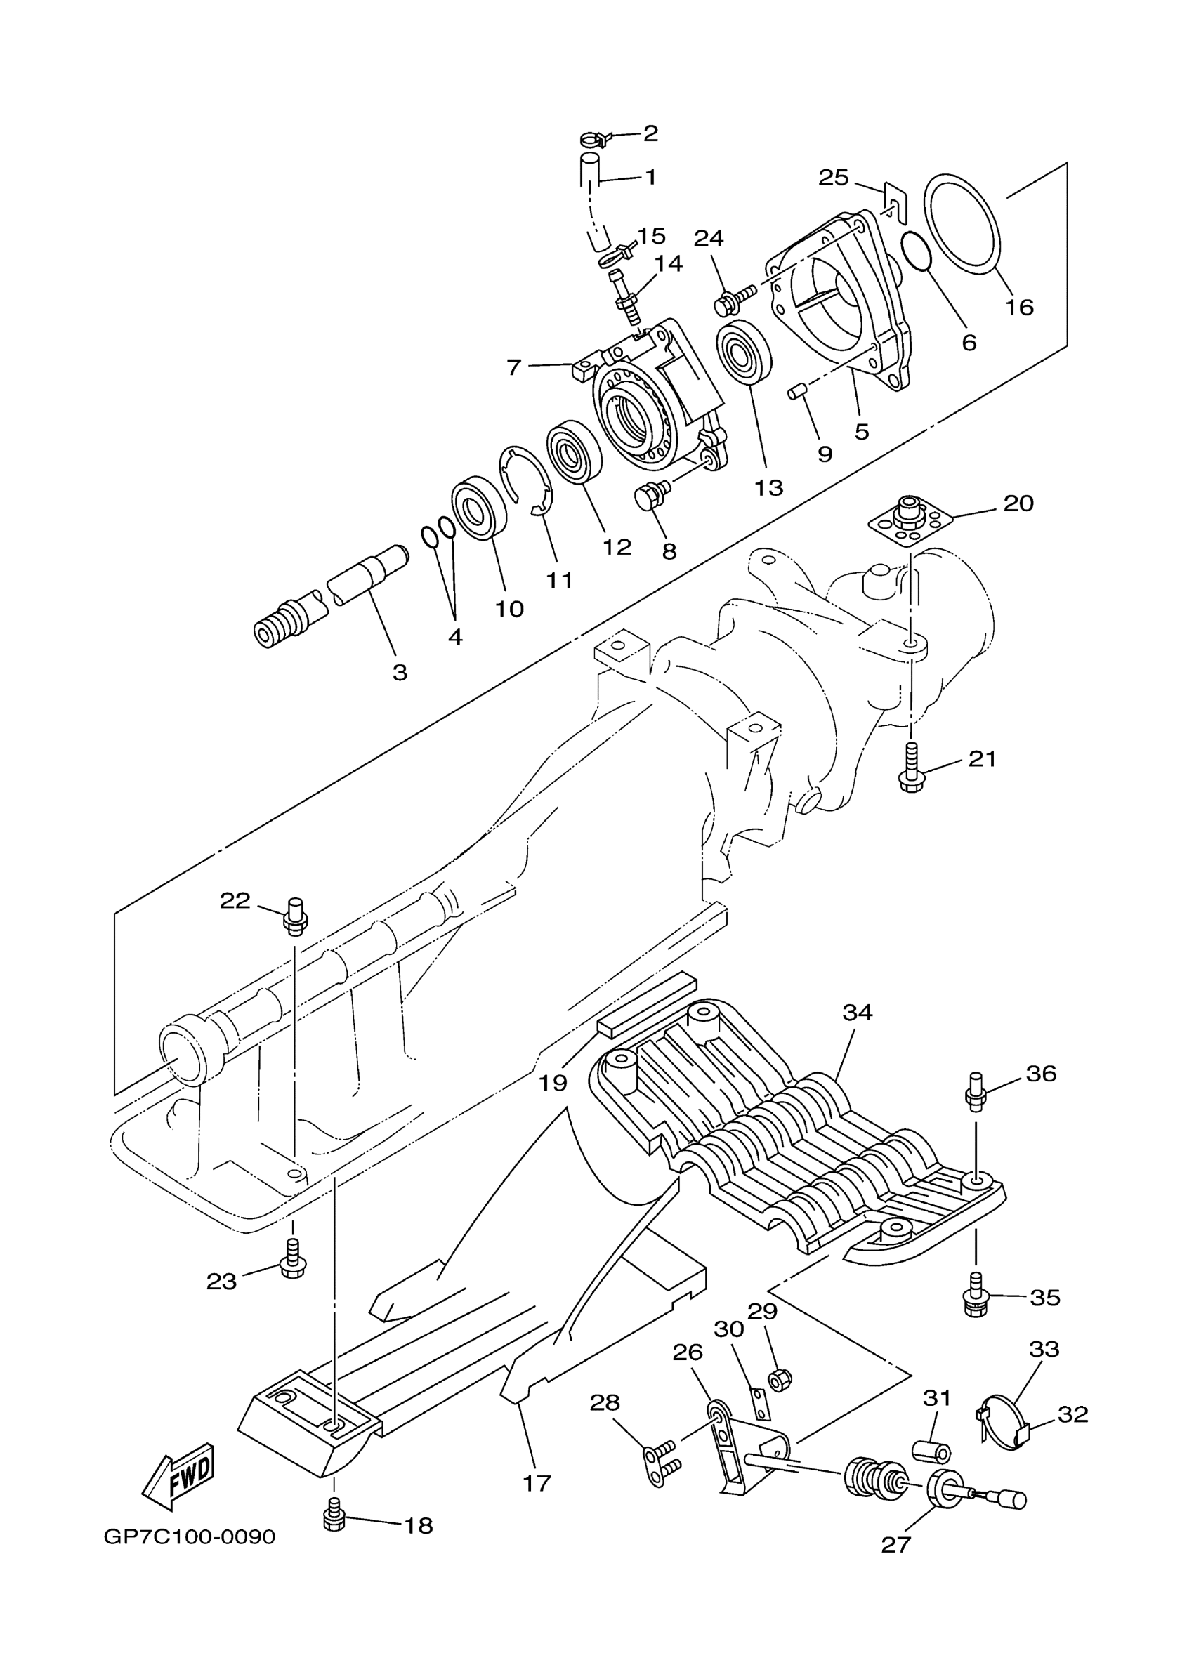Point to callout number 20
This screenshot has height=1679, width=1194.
tap(1018, 503)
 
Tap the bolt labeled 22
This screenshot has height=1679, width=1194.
tap(296, 916)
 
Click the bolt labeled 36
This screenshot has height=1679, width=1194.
tap(975, 1091)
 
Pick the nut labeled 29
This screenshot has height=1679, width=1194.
tap(780, 1380)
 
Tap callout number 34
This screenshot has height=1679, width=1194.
tap(857, 1013)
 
